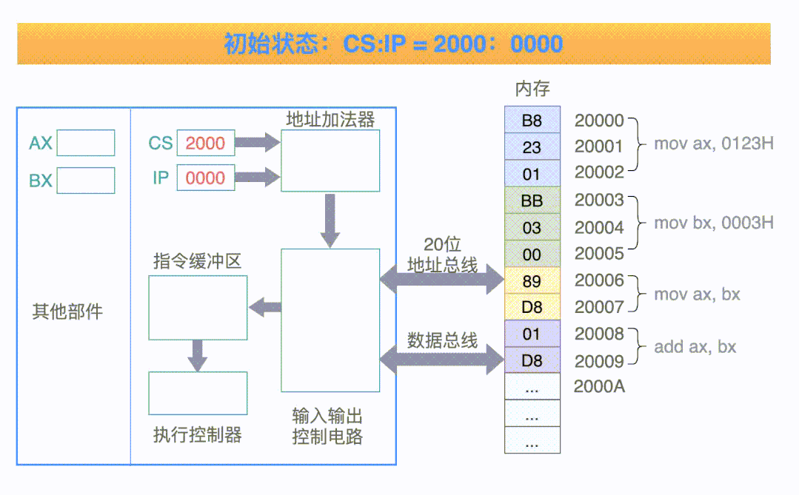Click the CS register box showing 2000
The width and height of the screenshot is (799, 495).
coord(205,144)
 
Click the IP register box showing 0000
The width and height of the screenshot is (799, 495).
coord(205,178)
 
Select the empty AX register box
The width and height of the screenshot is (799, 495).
coord(86,143)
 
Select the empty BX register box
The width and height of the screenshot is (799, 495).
coord(86,181)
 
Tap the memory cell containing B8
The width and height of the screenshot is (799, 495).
coord(532,120)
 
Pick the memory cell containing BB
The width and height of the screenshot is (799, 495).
coord(532,201)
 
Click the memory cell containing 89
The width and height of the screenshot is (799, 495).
coord(532,281)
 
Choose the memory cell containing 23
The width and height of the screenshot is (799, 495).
coord(532,147)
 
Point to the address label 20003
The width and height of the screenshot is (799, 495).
coord(599,201)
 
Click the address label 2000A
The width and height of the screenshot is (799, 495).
coord(599,387)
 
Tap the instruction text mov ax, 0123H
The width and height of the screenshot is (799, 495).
coord(713,144)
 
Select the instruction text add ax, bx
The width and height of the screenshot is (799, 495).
coord(695,347)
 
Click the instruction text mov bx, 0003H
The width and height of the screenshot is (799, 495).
coord(713,223)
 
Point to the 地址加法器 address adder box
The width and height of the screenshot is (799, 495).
coord(330,161)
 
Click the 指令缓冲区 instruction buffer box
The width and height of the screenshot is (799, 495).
coord(198,308)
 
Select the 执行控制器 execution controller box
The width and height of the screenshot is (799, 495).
coord(198,393)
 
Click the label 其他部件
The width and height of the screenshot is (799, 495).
coord(67,312)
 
